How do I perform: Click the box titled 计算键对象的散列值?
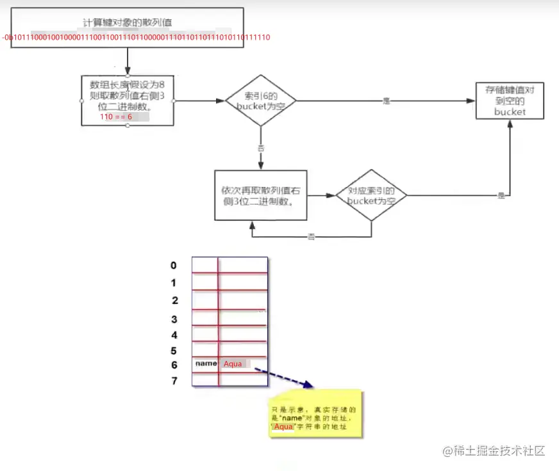tap(128, 23)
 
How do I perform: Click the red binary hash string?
tap(137, 38)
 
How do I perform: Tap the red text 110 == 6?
tap(116, 118)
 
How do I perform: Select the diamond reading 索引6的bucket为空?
tap(260, 101)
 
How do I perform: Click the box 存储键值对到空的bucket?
tap(510, 101)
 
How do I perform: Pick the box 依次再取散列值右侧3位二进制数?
tap(260, 195)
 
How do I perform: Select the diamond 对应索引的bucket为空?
tap(372, 195)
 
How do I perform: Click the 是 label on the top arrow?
tap(386, 101)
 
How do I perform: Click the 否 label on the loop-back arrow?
tap(311, 237)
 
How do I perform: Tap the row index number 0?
tap(173, 266)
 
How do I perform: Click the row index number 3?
tap(174, 319)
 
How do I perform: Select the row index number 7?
tap(174, 381)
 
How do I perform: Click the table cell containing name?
tap(205, 363)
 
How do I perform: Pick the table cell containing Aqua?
tap(243, 363)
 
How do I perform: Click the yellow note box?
tap(315, 413)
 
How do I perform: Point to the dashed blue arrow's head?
tap(310, 386)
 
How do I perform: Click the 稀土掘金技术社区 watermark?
tap(493, 451)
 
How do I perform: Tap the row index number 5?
tap(174, 351)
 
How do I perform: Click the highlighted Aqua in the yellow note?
tap(283, 427)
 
